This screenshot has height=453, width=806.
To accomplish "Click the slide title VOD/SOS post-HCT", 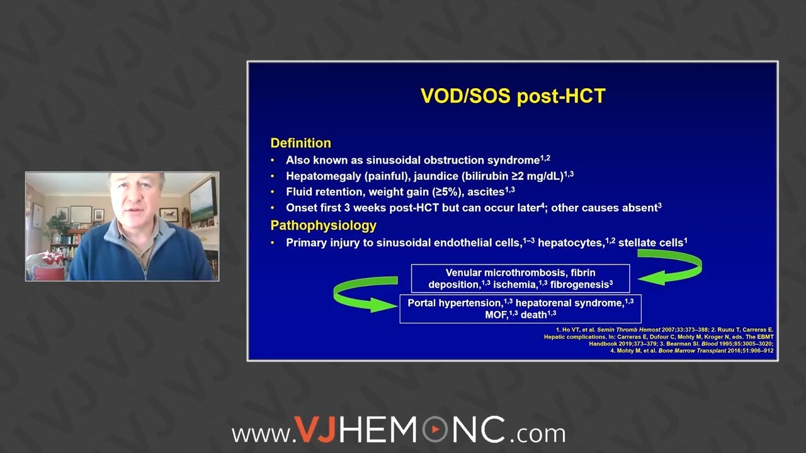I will pyautogui.click(x=513, y=96).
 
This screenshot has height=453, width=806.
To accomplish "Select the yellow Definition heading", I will pyautogui.click(x=300, y=143).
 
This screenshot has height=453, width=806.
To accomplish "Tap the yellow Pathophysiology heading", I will pyautogui.click(x=323, y=225).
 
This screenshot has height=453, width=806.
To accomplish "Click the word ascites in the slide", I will pyautogui.click(x=484, y=192).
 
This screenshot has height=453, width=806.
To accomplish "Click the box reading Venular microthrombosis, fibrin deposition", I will pyautogui.click(x=520, y=278).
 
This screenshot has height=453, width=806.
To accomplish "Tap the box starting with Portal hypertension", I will pyautogui.click(x=520, y=309).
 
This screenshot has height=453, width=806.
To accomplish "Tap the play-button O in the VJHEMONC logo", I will pyautogui.click(x=434, y=431).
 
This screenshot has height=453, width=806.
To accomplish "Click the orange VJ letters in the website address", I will pyautogui.click(x=316, y=431).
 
